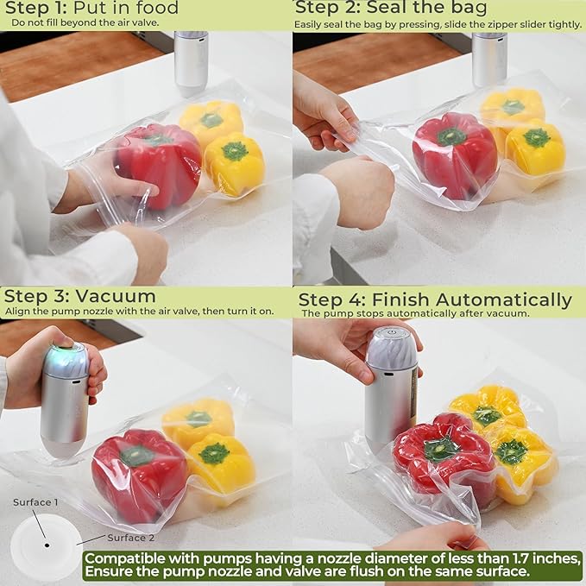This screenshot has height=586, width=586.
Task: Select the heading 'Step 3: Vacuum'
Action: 80,296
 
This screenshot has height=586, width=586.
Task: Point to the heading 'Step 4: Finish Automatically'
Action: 435,299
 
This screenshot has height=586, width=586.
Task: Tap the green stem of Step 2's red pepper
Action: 451,136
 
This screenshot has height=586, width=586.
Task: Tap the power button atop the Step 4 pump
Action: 392,331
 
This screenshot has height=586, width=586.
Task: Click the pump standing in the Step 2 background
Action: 489,58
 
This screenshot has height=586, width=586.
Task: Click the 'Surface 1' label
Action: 35,502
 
